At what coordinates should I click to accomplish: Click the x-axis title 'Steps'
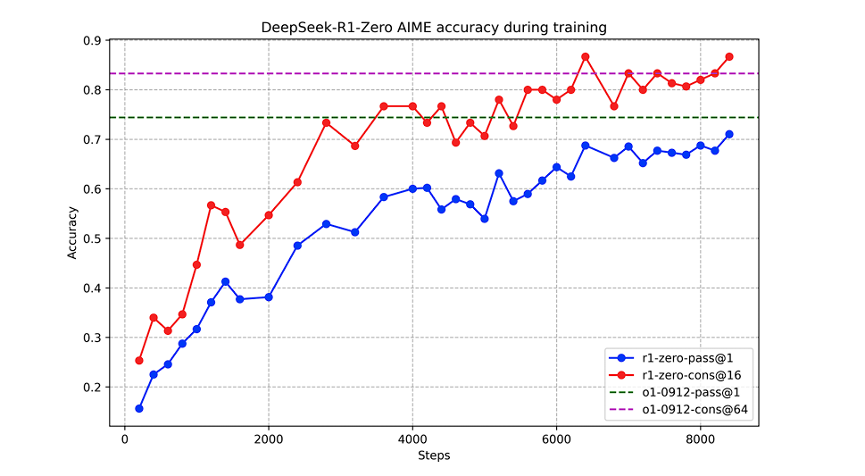click(433, 455)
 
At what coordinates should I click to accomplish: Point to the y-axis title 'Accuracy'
click(72, 233)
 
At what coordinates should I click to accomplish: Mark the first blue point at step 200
click(139, 408)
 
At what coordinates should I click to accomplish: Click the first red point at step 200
click(139, 360)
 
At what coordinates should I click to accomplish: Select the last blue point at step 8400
click(729, 134)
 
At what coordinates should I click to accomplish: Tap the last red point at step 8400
click(729, 56)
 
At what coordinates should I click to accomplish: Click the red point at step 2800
click(326, 122)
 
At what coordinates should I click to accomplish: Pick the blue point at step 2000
click(269, 296)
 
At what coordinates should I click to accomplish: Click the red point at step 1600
click(240, 245)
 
